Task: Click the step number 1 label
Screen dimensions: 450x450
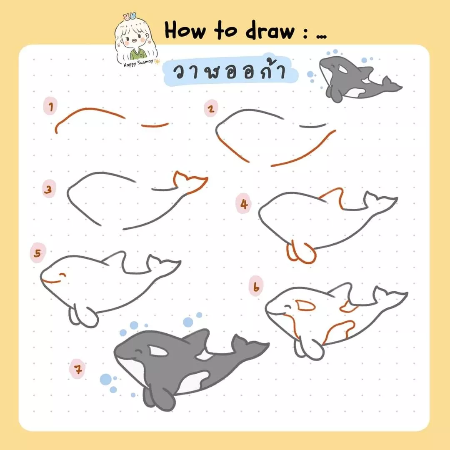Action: pyautogui.click(x=50, y=107)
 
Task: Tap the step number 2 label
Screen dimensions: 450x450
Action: pyautogui.click(x=211, y=109)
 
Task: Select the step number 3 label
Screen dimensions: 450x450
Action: pyautogui.click(x=49, y=190)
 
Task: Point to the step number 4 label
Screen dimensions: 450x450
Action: pyautogui.click(x=244, y=204)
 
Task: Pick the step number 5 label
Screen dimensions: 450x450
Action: pyautogui.click(x=37, y=254)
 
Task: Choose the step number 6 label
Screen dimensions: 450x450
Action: pyautogui.click(x=256, y=287)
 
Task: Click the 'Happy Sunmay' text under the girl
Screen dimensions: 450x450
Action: pyautogui.click(x=134, y=64)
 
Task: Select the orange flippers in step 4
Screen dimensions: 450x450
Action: pyautogui.click(x=301, y=252)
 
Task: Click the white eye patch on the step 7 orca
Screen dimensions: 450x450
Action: pyautogui.click(x=158, y=351)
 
